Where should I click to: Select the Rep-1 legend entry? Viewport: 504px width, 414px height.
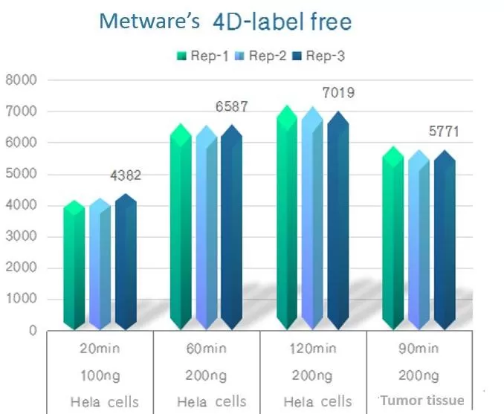(201, 55)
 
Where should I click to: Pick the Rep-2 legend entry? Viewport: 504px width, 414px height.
(257, 55)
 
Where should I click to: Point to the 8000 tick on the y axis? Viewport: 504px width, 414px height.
(21, 80)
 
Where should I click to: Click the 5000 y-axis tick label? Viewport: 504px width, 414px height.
(21, 175)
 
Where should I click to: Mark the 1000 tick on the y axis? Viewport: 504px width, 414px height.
(21, 300)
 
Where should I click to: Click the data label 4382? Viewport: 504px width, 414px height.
(126, 176)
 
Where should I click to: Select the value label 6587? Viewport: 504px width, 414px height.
(232, 107)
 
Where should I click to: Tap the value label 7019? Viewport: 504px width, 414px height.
(338, 93)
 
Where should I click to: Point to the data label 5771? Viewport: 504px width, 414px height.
(444, 133)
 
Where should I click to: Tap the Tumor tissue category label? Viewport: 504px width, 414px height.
(422, 401)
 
